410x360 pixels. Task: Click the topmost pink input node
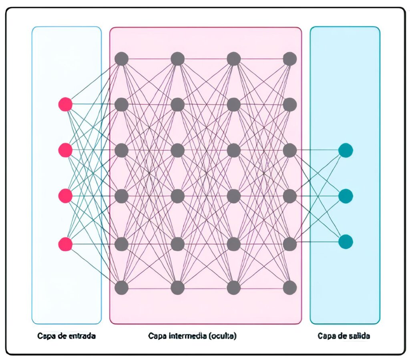coord(65,104)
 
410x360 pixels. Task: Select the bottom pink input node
coord(65,244)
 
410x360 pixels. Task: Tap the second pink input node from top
coord(65,150)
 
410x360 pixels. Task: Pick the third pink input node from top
coord(65,196)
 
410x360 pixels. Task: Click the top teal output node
coord(346,150)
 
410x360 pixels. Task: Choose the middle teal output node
coord(346,196)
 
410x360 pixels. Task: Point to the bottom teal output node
coord(346,242)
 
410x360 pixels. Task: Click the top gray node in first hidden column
coord(121,59)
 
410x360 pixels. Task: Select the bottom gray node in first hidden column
coord(121,288)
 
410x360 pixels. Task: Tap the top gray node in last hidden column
coord(290,59)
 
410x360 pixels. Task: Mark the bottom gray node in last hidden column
coord(290,288)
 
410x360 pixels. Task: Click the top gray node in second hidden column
coord(177,59)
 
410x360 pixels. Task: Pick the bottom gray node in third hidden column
coord(234,288)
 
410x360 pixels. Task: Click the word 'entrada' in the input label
coord(82,336)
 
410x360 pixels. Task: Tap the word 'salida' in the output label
coord(359,336)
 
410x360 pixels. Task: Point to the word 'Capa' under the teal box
coord(327,336)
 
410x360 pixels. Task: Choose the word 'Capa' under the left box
coord(46,336)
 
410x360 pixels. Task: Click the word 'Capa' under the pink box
coord(157,336)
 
